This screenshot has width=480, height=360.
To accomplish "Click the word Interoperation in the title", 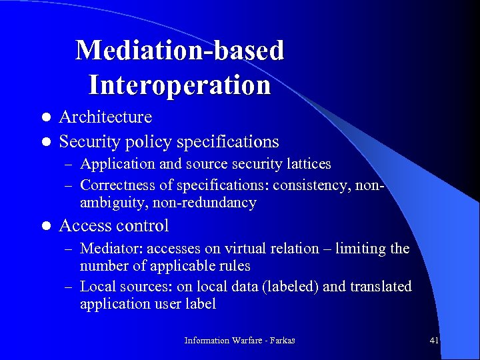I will (179, 85).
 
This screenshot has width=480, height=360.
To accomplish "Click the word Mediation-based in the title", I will (179, 51).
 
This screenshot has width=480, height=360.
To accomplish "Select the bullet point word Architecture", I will (105, 117).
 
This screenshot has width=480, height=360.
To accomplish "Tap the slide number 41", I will (434, 341).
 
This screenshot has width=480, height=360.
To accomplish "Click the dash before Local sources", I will (69, 287).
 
